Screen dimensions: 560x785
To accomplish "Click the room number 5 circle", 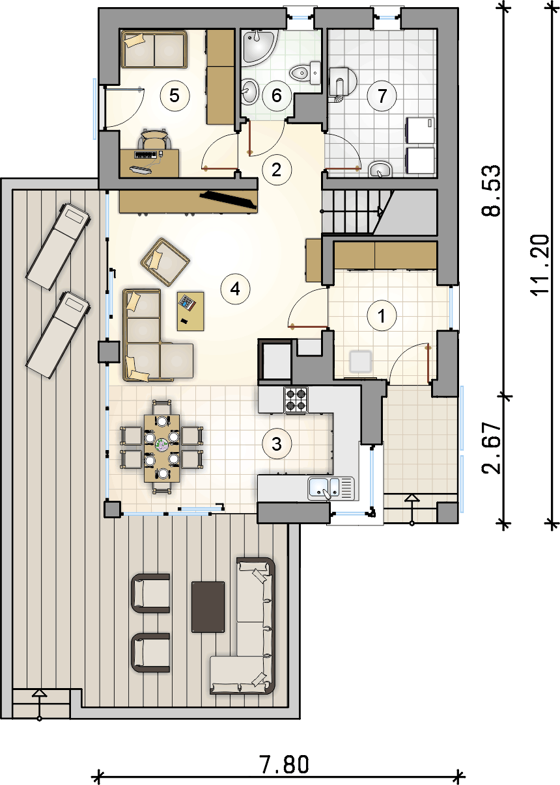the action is [x=175, y=96].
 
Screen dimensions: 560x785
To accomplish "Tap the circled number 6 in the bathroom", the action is [x=277, y=96].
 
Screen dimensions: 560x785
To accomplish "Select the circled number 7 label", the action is [x=382, y=96].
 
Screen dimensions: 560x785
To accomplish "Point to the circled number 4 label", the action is [x=235, y=289].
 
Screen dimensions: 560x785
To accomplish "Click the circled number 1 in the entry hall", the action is [x=382, y=315].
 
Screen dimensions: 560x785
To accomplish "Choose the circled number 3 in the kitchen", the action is [x=277, y=444].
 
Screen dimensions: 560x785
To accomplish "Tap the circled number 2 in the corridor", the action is [x=277, y=170].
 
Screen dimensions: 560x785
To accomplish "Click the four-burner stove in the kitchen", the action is [x=296, y=400].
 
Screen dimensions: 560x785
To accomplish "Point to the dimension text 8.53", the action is [x=490, y=191].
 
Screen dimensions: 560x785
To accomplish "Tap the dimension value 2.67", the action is [x=490, y=448].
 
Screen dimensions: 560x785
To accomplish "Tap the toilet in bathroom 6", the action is [x=305, y=73].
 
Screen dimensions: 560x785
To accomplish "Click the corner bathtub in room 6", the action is [x=259, y=47].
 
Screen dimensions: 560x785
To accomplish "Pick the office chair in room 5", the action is [x=154, y=139].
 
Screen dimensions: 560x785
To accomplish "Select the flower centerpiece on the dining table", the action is [x=161, y=445].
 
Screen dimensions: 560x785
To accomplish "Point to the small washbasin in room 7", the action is [x=380, y=170].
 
